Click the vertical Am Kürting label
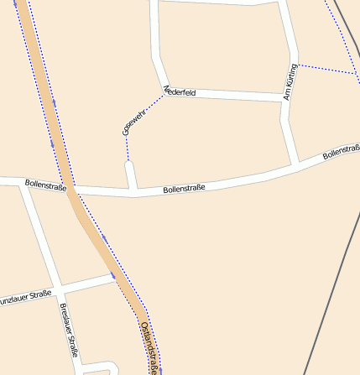click(x=290, y=82)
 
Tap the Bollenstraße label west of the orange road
click(x=45, y=184)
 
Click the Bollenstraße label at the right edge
click(x=341, y=152)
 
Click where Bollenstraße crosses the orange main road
click(x=74, y=190)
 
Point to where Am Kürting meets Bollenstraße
click(x=296, y=163)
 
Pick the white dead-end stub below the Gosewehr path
click(x=131, y=175)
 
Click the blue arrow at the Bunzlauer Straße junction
click(x=112, y=273)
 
